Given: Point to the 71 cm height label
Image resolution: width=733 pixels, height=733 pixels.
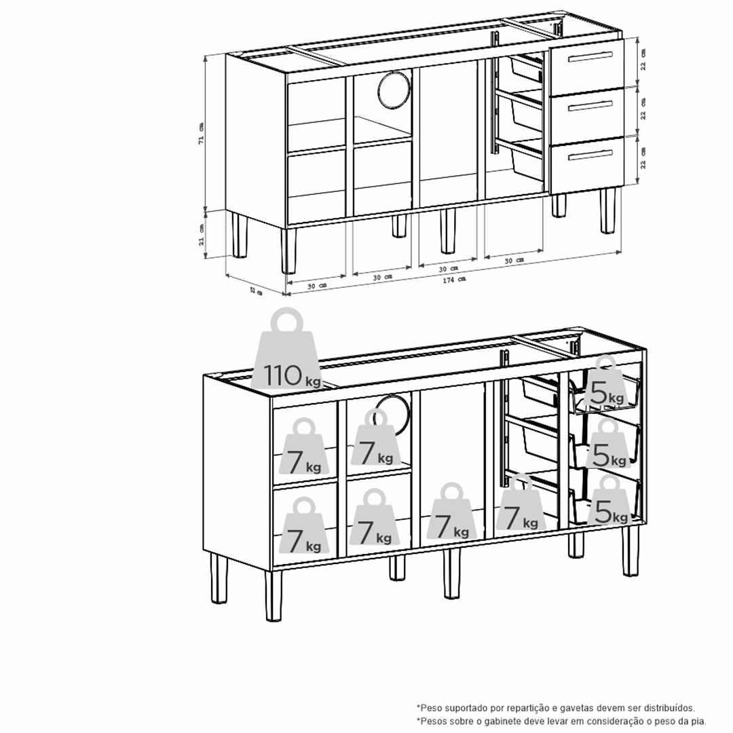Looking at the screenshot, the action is [200, 133].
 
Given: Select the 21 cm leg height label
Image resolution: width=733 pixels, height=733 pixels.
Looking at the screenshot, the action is [201, 235].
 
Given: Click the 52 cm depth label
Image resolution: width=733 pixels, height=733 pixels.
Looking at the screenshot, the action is [255, 290].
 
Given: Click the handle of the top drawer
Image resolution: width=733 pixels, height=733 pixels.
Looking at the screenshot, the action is [590, 57].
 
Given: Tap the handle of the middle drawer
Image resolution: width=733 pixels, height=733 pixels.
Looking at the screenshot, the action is [590, 107].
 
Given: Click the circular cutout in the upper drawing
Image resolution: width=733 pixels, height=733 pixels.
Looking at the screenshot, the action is [394, 89].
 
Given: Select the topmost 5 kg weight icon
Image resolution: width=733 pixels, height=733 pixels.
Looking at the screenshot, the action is [606, 381].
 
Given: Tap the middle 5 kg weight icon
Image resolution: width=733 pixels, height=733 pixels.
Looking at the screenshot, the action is [607, 443].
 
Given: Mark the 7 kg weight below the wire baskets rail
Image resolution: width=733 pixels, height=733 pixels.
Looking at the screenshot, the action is [519, 502].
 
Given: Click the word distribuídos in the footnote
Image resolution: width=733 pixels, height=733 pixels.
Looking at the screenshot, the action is [669, 708].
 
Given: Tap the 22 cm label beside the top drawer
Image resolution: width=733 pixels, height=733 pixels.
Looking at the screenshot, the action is [643, 60].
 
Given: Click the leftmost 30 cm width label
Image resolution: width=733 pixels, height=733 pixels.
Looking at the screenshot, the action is [316, 285].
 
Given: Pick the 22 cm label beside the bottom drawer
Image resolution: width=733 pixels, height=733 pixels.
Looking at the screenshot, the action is [643, 158].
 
